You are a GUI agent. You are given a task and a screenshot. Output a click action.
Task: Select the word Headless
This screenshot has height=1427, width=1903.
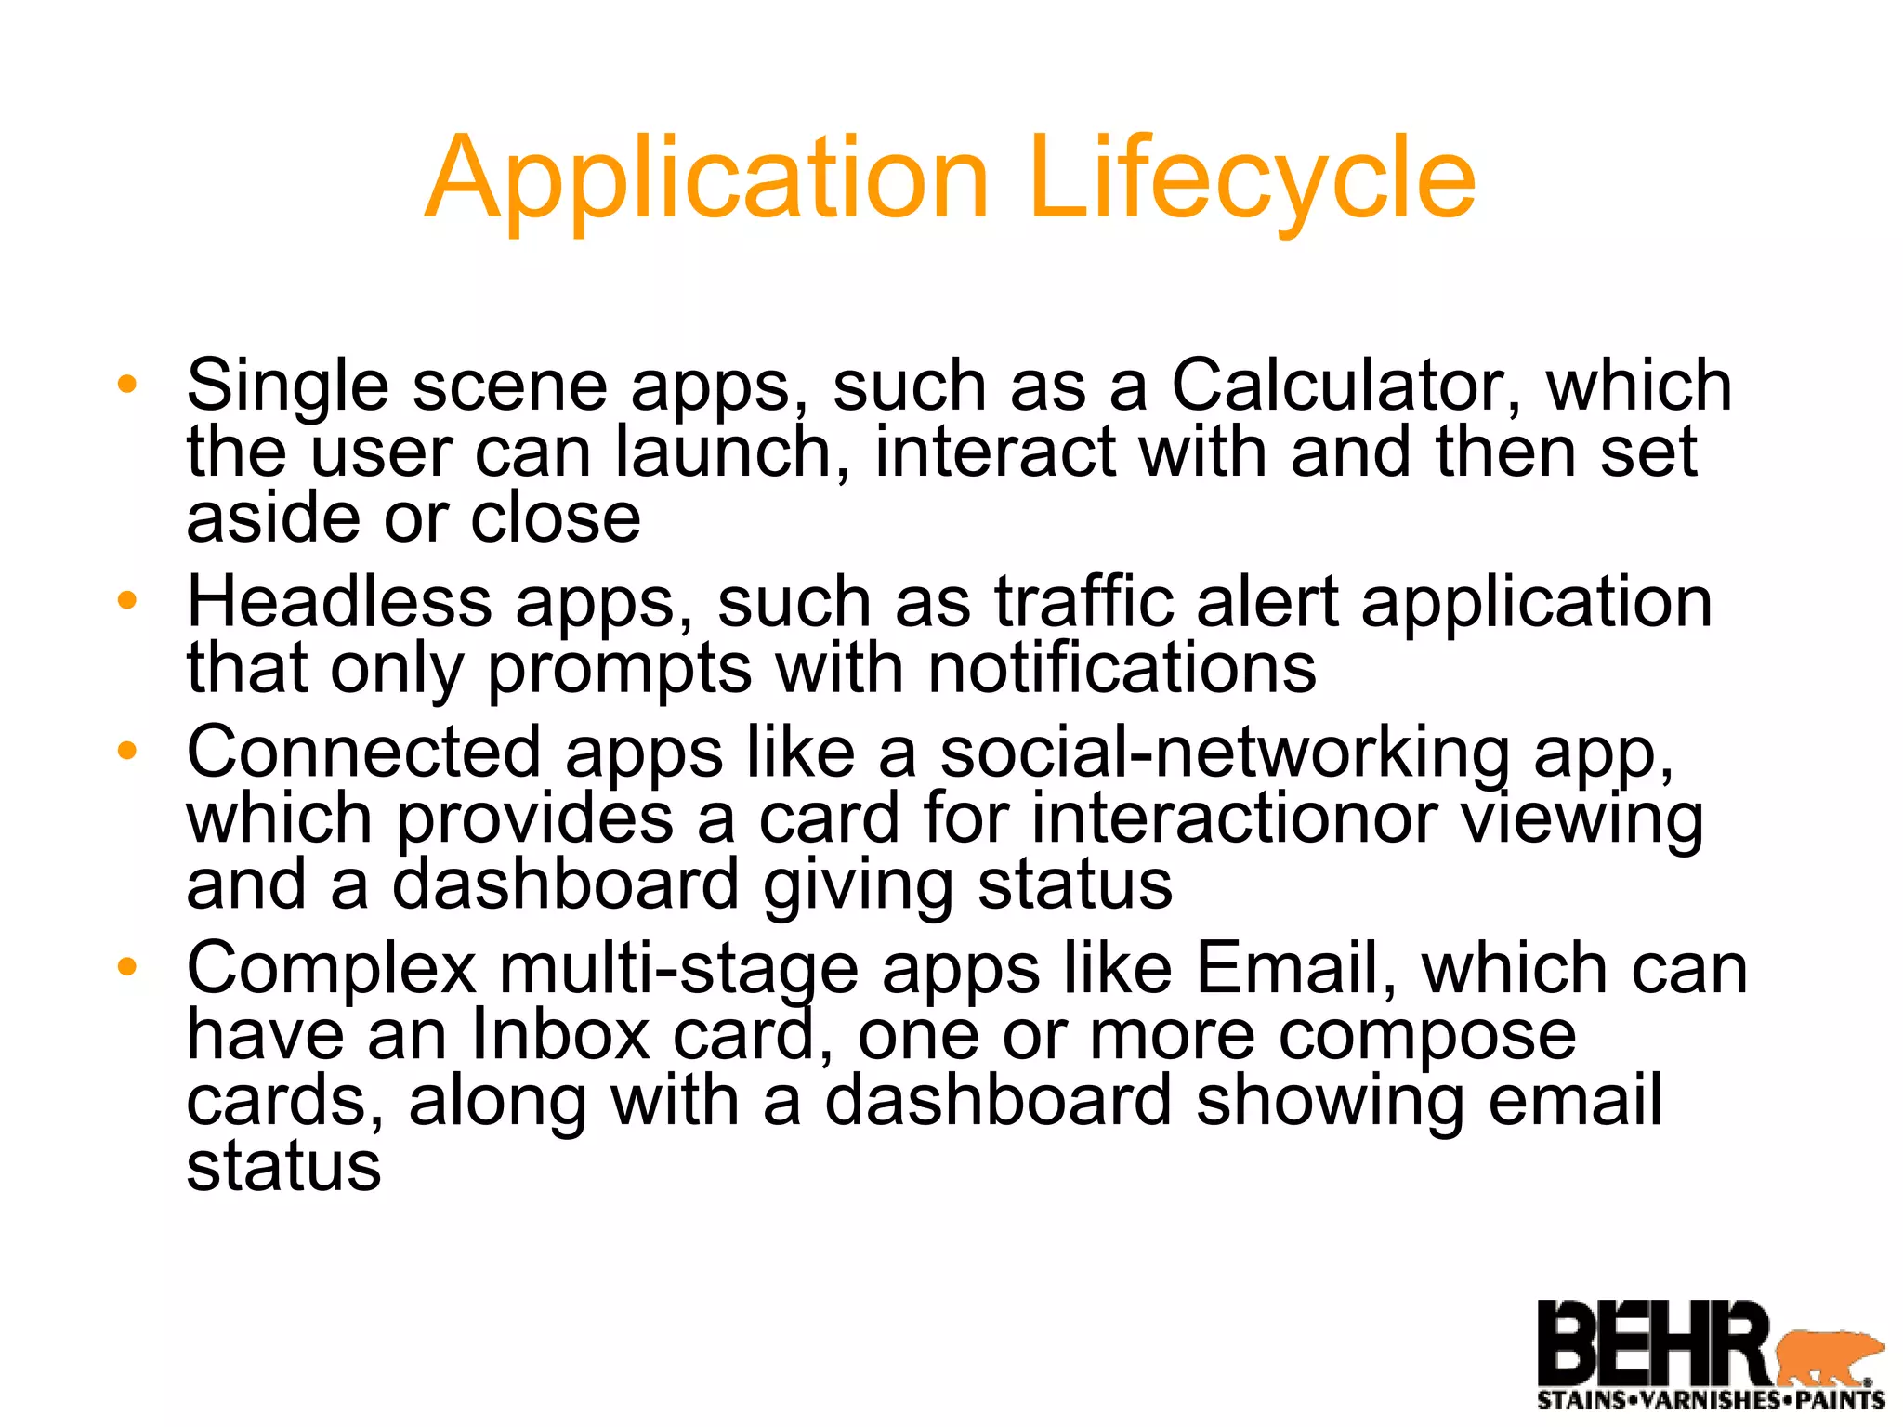[339, 602]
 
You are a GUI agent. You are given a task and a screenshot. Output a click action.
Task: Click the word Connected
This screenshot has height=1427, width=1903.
[363, 752]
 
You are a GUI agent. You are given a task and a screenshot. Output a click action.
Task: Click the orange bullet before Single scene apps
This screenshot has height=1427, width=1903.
[127, 385]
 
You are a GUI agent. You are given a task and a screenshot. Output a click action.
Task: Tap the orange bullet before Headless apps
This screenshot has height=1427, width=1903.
[127, 601]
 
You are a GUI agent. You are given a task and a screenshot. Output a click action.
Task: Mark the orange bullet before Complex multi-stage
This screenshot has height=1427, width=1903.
[127, 968]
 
